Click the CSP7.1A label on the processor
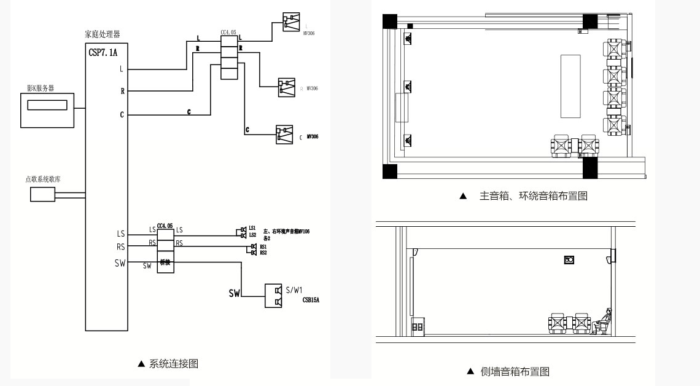[103, 53]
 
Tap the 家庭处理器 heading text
[103, 34]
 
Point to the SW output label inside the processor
[120, 263]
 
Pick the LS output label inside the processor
[120, 234]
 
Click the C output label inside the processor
[122, 114]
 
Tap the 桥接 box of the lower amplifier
[165, 262]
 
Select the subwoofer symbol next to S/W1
[273, 296]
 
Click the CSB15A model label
[311, 300]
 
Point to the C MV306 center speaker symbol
[284, 134]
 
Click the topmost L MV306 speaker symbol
[291, 22]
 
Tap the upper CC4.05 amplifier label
[228, 31]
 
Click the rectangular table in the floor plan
[570, 86]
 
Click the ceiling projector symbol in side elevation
[569, 260]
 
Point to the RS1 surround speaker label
[263, 246]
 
